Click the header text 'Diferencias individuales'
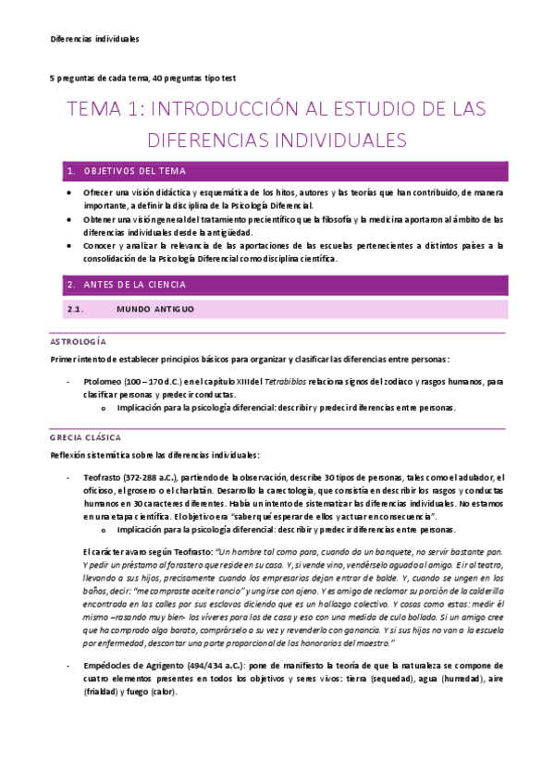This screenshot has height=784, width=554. [93, 39]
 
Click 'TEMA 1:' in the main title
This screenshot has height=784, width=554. [103, 110]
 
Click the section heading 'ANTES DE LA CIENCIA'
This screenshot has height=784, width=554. [135, 285]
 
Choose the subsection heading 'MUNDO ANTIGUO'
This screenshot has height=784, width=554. [155, 309]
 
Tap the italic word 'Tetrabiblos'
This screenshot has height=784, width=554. [278, 381]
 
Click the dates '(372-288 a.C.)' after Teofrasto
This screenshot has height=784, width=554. [147, 476]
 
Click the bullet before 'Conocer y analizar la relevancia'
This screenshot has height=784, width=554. [73, 246]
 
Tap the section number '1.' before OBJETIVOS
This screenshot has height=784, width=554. [70, 171]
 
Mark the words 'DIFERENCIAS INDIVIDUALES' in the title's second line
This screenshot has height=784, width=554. [277, 141]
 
